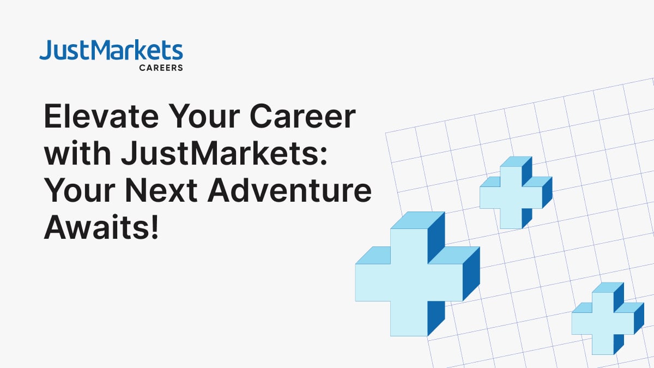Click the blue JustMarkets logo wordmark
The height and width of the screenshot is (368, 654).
(x=111, y=50)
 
